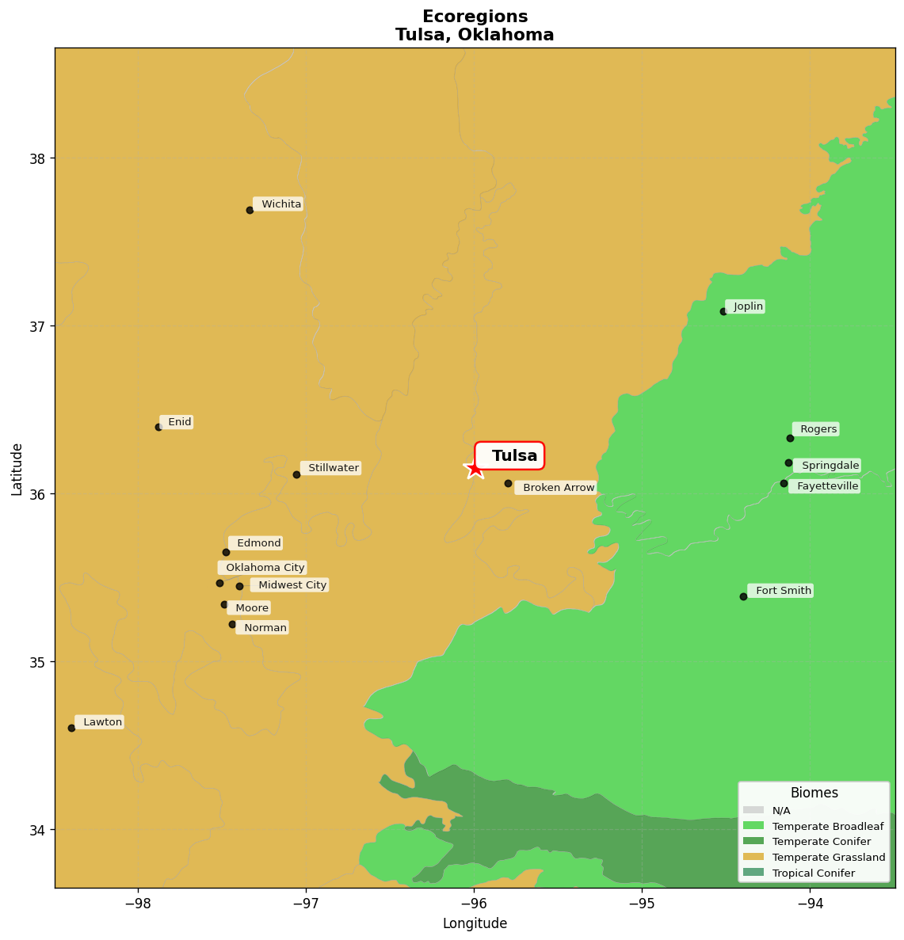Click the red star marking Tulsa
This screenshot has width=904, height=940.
[x=474, y=469]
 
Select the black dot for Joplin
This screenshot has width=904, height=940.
[x=723, y=311]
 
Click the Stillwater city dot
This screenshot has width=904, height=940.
[x=296, y=474]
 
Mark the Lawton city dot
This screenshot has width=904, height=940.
[x=71, y=728]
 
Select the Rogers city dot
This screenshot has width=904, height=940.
[x=790, y=438]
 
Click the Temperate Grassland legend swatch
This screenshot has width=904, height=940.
[x=753, y=858]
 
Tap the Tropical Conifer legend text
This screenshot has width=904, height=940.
[x=813, y=873]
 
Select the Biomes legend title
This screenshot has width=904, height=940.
[x=814, y=793]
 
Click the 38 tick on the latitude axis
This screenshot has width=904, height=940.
[x=38, y=158]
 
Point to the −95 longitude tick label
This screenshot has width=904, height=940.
[x=641, y=903]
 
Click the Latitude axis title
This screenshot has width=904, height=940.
[x=17, y=469]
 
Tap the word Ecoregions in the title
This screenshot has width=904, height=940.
[x=475, y=17]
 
